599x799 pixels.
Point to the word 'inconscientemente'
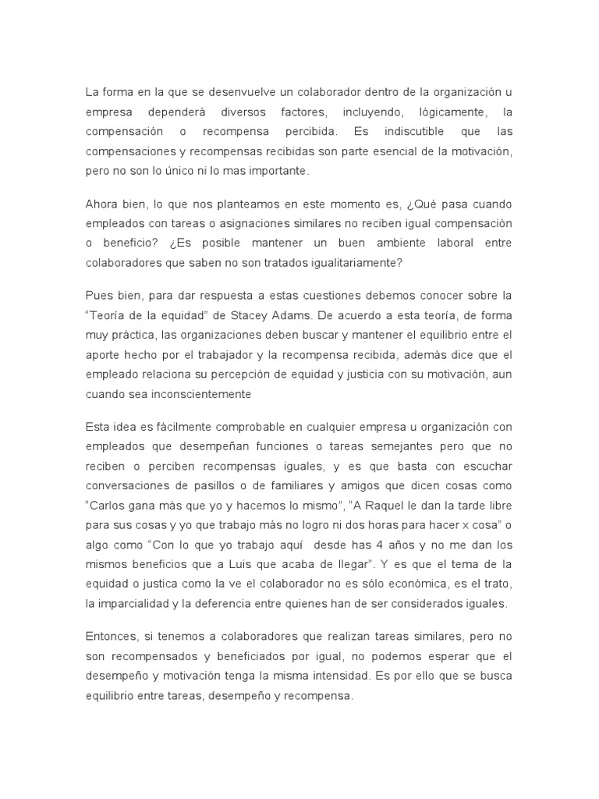coord(204,394)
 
